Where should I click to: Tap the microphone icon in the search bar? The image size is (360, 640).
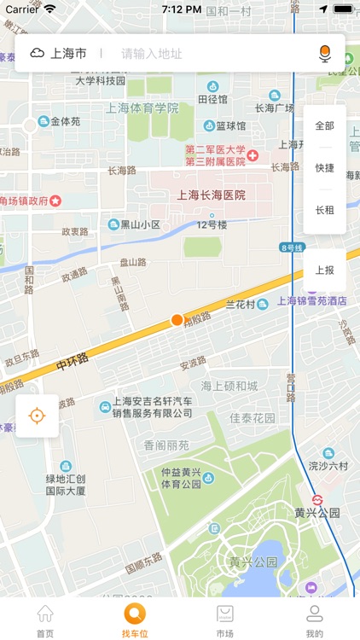[x=324, y=53]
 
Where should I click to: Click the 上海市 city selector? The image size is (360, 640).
[x=59, y=53]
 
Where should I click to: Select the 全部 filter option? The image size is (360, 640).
[x=324, y=125]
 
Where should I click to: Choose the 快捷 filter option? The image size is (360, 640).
[x=324, y=168]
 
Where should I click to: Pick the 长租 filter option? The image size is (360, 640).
[x=324, y=210]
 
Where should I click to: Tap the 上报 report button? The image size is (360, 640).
[x=324, y=270]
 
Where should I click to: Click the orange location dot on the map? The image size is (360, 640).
[x=177, y=320]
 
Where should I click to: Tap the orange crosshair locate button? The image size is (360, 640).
[x=37, y=416]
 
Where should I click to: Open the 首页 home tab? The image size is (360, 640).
[x=45, y=620]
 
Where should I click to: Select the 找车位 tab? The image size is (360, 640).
[x=135, y=620]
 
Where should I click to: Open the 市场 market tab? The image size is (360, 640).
[x=225, y=620]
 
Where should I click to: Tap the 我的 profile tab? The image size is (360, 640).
[x=315, y=620]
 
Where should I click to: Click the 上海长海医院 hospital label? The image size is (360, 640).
[x=211, y=195]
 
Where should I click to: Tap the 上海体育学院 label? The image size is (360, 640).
[x=142, y=108]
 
